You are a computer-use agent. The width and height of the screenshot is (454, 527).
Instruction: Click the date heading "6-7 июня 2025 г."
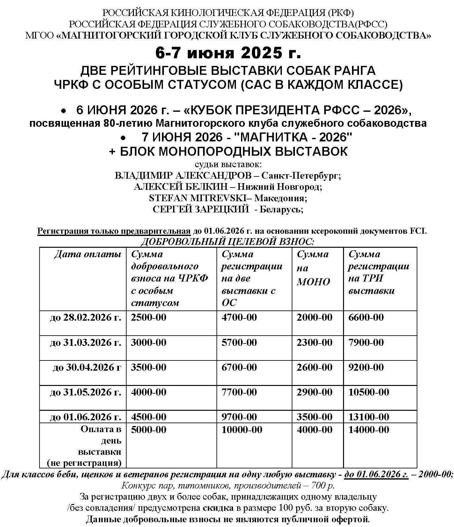[x=228, y=53]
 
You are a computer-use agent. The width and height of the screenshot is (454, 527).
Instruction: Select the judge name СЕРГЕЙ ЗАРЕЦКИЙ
[x=201, y=209]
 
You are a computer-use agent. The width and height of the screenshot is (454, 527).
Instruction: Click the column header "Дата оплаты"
[x=88, y=254]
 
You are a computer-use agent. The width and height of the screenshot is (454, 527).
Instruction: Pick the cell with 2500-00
[x=149, y=317]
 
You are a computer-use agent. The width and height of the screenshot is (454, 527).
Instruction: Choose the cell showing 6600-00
[x=366, y=317]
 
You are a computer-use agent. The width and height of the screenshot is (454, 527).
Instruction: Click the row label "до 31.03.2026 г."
[x=85, y=342]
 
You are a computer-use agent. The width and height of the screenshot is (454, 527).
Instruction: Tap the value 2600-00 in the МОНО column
[x=314, y=367]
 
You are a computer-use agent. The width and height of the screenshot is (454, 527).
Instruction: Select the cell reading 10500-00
[x=369, y=392]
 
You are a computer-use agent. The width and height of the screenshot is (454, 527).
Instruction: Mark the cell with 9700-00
[x=239, y=417]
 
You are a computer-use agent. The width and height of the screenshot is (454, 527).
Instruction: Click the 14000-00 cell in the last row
[x=369, y=430]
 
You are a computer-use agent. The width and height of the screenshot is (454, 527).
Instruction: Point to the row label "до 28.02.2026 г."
[x=85, y=317]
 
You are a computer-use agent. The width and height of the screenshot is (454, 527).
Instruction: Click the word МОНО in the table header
[x=313, y=282]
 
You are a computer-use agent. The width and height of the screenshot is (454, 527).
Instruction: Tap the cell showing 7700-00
[x=239, y=392]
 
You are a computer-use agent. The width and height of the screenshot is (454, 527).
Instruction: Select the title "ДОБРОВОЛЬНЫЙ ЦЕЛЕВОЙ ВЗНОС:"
[x=228, y=241]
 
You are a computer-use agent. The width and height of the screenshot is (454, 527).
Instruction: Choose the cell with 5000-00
[x=149, y=430]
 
